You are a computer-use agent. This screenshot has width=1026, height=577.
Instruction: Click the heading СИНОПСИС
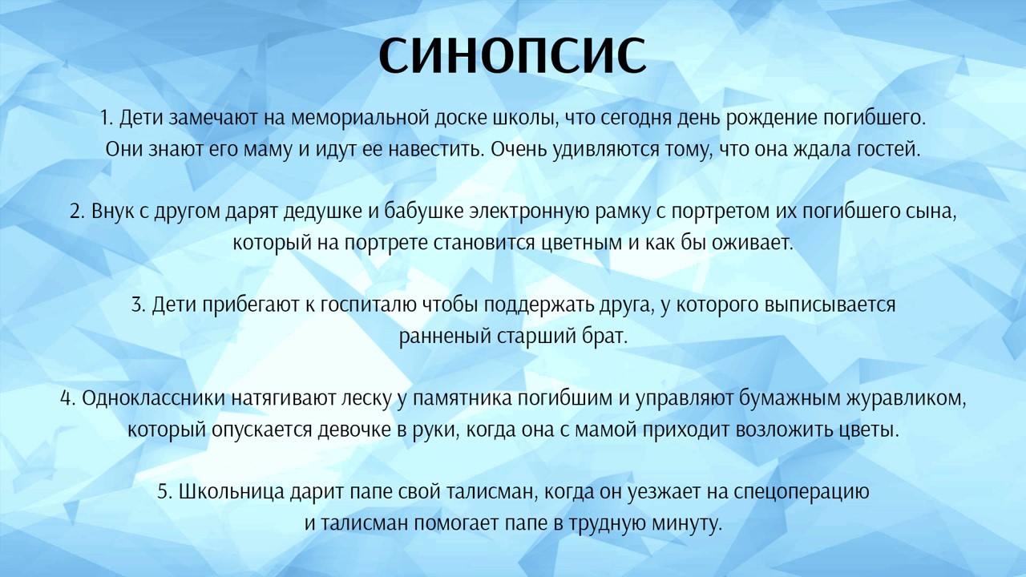pyautogui.click(x=512, y=55)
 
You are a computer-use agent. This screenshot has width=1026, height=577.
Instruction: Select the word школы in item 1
pyautogui.click(x=525, y=119)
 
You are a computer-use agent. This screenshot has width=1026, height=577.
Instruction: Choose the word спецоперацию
pyautogui.click(x=801, y=492)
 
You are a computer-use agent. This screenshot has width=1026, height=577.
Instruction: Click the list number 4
pyautogui.click(x=67, y=398)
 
